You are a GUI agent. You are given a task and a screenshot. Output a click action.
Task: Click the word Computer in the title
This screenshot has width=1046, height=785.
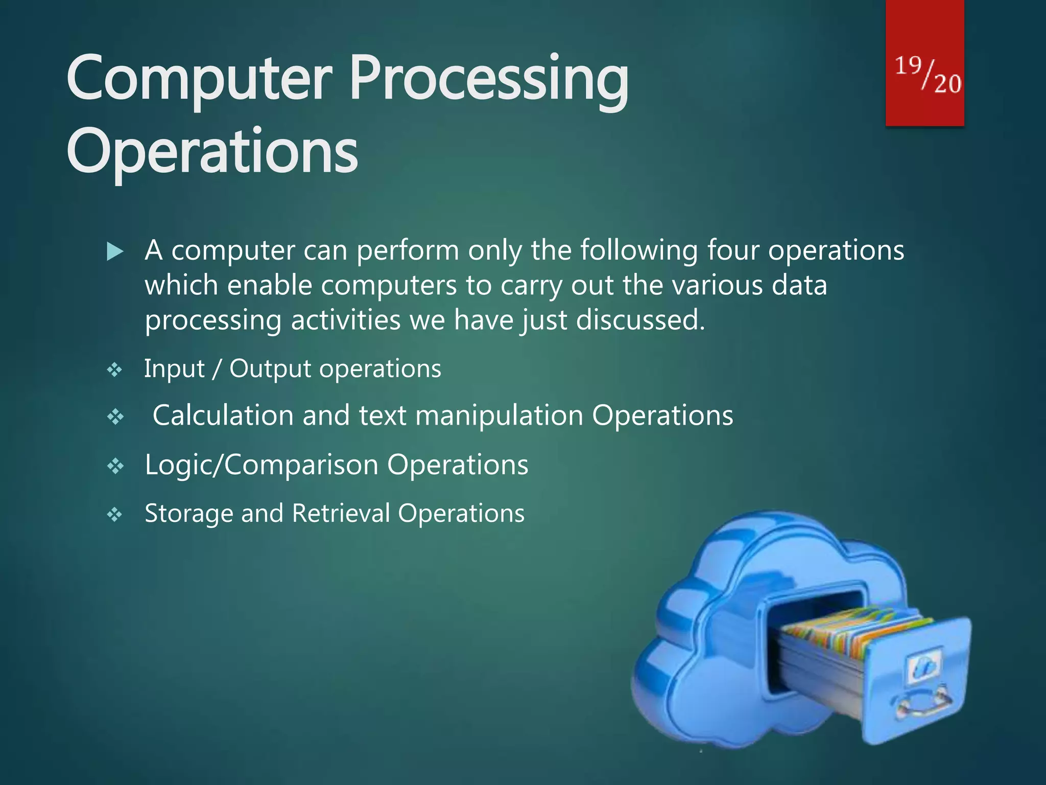point(199,79)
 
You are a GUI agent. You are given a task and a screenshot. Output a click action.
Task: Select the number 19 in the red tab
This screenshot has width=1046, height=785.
point(908,66)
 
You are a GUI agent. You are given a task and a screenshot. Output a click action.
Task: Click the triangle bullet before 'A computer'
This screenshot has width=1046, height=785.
point(115,251)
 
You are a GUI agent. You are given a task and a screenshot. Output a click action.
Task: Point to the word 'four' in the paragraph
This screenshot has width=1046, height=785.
point(733,250)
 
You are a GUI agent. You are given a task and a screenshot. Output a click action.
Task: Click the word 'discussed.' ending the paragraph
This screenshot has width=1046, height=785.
point(640,320)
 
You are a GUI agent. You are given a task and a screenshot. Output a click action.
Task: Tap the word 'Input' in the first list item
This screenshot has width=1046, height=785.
point(174,368)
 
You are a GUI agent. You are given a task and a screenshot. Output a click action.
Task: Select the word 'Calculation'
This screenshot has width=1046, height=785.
point(223,415)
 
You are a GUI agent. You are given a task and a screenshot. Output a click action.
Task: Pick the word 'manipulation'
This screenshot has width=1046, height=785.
point(499,415)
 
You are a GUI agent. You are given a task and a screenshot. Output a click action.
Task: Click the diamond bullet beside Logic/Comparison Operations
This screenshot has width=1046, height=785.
point(115,466)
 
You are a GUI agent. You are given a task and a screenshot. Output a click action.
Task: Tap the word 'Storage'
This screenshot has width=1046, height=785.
point(188,513)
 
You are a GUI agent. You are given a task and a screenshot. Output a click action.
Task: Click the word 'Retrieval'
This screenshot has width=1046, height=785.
point(341,513)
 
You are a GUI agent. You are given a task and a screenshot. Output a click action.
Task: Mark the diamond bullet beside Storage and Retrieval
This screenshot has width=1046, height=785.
point(115,515)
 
